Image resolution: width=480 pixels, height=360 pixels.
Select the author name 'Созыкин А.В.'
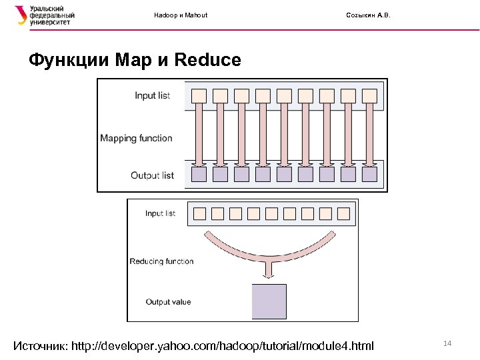click(x=369, y=15)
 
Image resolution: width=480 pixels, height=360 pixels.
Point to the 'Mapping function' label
click(x=136, y=139)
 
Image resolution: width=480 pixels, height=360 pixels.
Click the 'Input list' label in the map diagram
click(x=152, y=95)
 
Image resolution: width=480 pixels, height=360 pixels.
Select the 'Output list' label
click(x=152, y=175)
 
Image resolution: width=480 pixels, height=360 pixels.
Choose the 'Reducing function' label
click(x=161, y=261)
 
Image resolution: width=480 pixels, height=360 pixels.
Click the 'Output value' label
click(x=168, y=302)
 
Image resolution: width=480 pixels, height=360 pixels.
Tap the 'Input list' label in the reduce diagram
click(x=160, y=213)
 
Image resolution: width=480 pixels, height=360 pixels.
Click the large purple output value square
click(x=269, y=301)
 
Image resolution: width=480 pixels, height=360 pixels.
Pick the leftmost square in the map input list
click(x=199, y=95)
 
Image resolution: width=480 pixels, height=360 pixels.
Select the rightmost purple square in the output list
click(x=369, y=175)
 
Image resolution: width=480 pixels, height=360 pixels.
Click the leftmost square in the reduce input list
click(x=199, y=214)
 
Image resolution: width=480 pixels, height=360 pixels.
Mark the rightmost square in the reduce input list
click(x=343, y=214)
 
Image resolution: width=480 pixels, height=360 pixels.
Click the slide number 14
click(x=447, y=343)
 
